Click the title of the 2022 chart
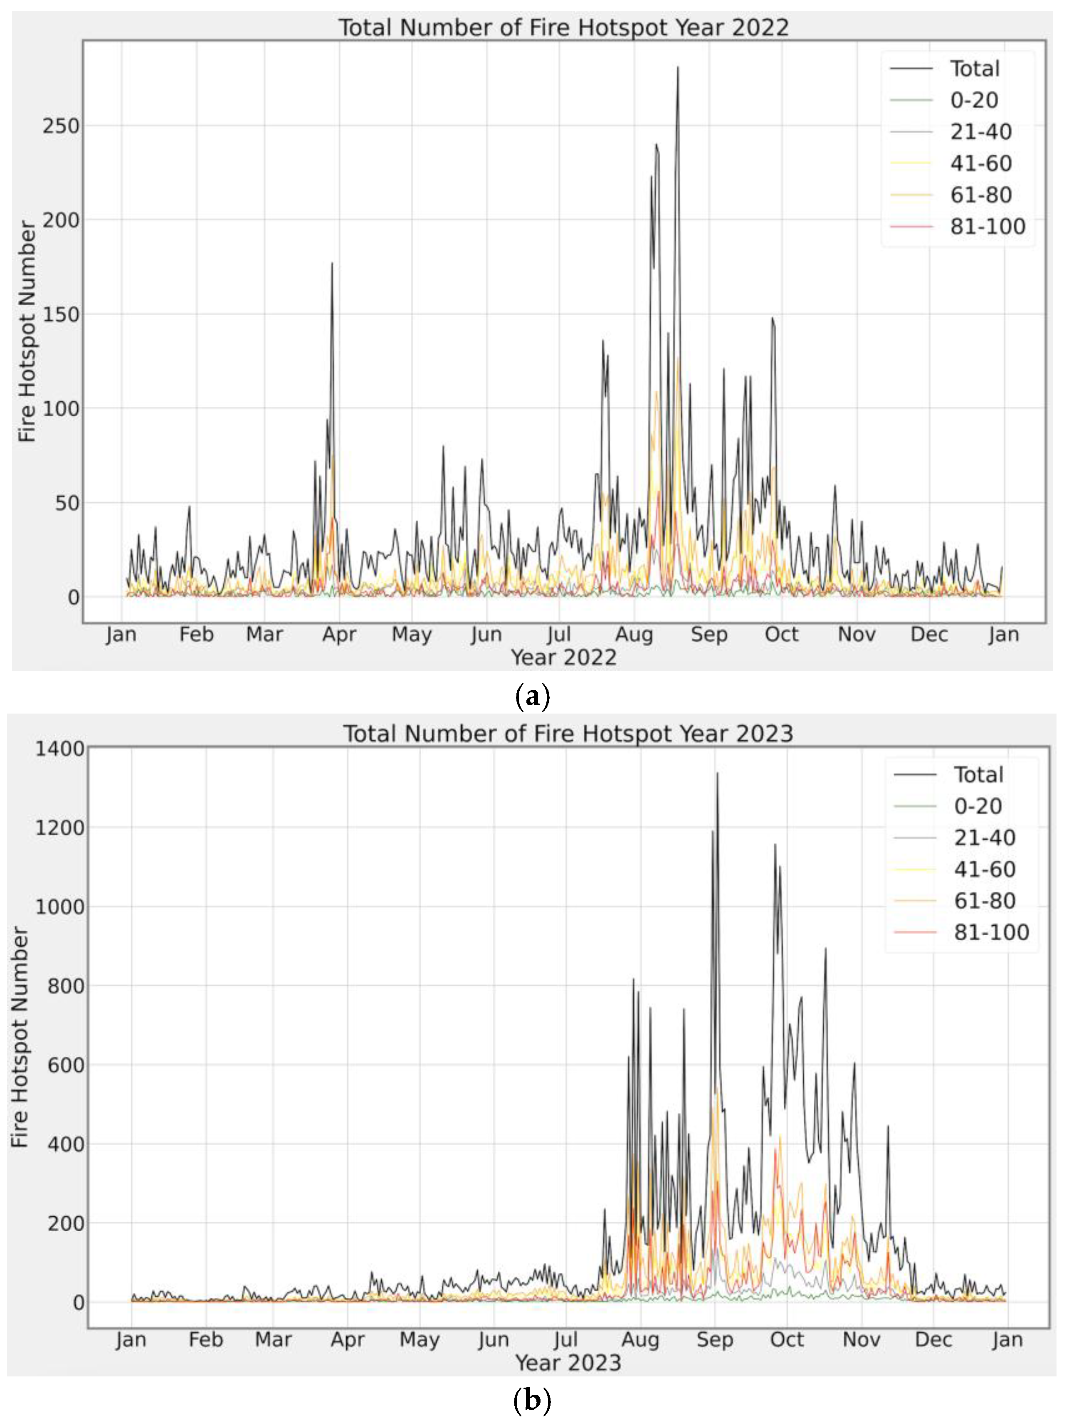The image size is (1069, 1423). coord(563,28)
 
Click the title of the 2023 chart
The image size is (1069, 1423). coord(568,734)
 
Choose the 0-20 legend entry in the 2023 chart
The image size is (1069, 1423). coord(978,806)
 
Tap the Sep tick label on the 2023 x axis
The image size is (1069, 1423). coord(715,1340)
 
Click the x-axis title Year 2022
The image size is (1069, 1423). coord(563,657)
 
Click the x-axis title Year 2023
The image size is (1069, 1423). coord(568,1363)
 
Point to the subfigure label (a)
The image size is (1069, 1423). coord(533,696)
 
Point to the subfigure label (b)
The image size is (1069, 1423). coord(533,1401)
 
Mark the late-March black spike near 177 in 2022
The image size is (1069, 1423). coord(332,264)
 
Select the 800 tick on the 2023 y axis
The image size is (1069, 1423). coord(66,986)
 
